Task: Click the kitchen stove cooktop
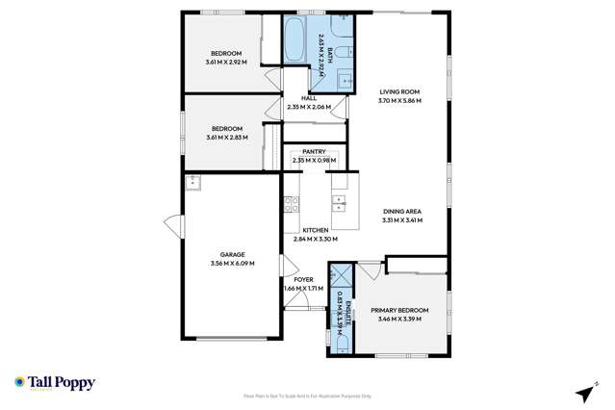pos(291,203)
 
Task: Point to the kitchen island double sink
pos(338,202)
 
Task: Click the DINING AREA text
pos(400,212)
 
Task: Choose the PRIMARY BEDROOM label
pos(403,310)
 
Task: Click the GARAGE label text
pos(231,254)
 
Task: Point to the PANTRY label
pos(314,151)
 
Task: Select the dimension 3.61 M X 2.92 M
pos(226,63)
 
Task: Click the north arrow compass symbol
pos(582,393)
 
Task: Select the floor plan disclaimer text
pos(307,397)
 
